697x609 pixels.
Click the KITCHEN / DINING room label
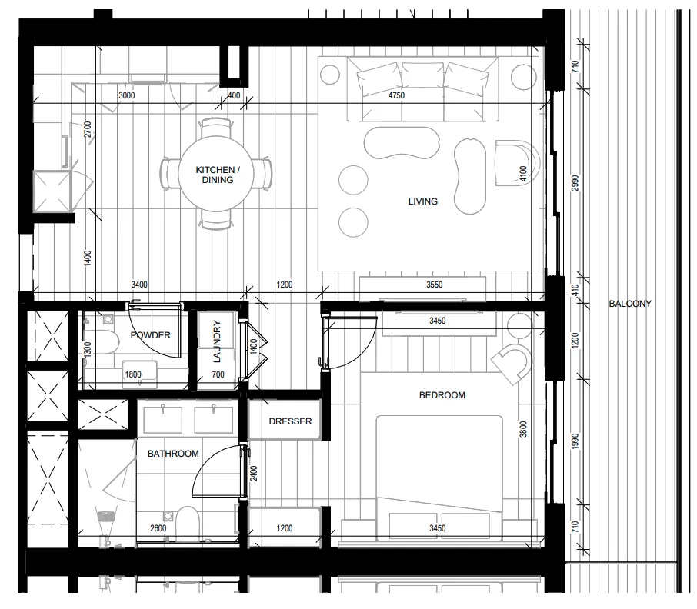coord(218,175)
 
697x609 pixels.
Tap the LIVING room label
coord(422,201)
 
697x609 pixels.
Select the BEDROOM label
coord(442,395)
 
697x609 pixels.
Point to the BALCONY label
coord(630,304)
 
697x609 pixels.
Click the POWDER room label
coord(150,335)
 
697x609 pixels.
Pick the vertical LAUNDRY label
coord(217,341)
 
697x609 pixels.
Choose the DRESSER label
coord(290,421)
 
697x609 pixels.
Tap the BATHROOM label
coord(173,454)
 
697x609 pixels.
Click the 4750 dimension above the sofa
coord(396,95)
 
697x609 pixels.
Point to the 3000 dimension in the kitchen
coord(127,95)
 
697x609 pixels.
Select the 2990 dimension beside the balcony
coord(575,183)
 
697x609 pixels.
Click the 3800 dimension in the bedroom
coord(523,429)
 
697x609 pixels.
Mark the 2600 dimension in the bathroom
coord(158,528)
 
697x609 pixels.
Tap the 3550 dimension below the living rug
coord(435,285)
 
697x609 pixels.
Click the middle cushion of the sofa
coord(422,74)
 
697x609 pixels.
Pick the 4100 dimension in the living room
coord(523,173)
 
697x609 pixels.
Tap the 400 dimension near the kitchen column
coord(234,95)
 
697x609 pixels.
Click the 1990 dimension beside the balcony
coord(575,441)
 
